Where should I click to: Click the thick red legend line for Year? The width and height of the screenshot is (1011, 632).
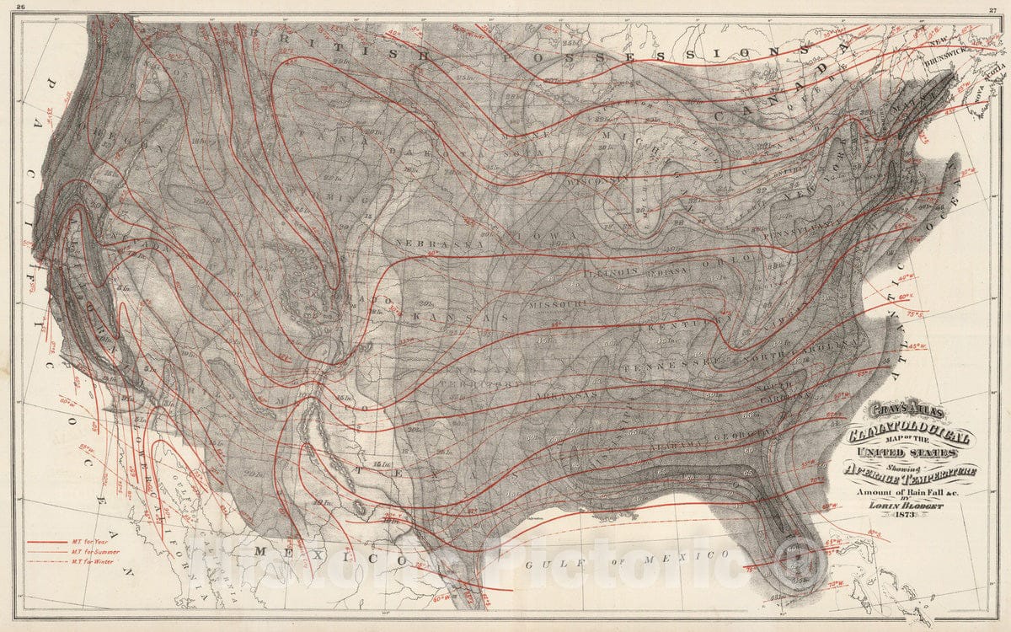pyautogui.click(x=45, y=542)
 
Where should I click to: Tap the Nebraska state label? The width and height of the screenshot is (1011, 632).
pyautogui.click(x=439, y=243)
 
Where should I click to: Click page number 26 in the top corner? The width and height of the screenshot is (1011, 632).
pyautogui.click(x=10, y=6)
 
